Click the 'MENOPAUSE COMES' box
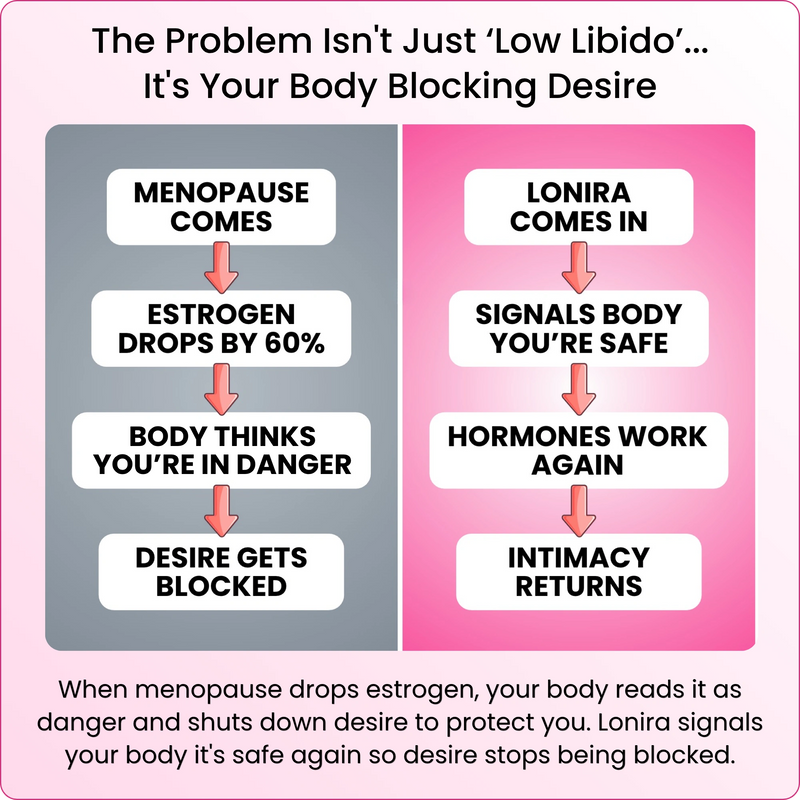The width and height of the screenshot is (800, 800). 221,207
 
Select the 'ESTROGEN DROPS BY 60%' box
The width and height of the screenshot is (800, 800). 221,328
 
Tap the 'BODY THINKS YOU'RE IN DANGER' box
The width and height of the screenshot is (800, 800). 221,450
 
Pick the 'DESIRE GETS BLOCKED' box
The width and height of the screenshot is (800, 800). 221,571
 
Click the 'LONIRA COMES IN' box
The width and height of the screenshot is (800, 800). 579,207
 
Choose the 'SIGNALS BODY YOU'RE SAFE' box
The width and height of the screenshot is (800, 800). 579,328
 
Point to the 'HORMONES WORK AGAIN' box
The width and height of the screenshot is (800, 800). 579,450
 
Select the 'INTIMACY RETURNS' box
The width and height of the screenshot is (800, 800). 579,571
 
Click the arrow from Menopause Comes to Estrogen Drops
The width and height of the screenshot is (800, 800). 221,268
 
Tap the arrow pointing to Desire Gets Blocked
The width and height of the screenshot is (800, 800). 221,511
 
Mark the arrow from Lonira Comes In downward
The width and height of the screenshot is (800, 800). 579,268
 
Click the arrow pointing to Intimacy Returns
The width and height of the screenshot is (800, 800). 579,511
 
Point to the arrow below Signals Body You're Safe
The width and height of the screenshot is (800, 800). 579,389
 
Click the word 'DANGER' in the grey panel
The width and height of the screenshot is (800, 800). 294,464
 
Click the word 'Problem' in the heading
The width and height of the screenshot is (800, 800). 238,40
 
